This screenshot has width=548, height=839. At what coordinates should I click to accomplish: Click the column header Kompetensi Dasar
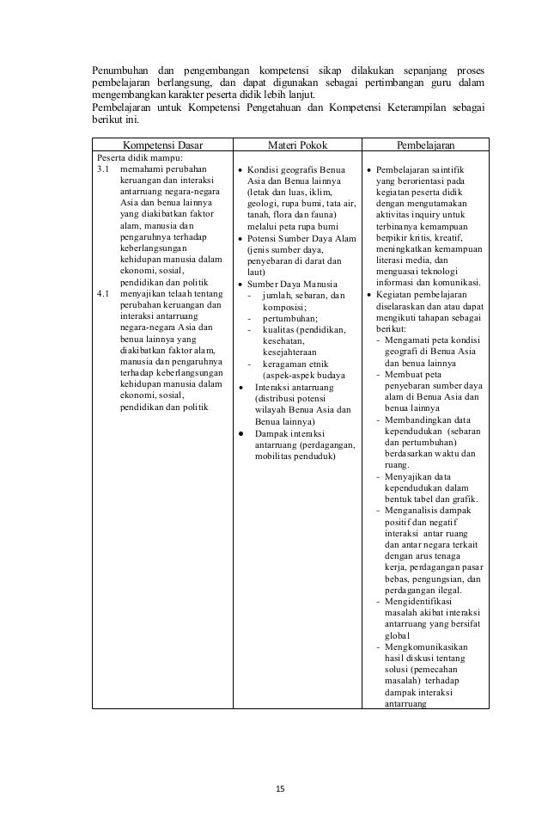pyautogui.click(x=163, y=145)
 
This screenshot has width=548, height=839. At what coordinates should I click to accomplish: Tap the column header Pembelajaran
pyautogui.click(x=425, y=145)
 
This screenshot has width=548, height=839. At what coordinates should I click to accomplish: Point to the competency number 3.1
pyautogui.click(x=104, y=170)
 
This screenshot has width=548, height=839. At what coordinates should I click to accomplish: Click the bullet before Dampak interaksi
pyautogui.click(x=241, y=433)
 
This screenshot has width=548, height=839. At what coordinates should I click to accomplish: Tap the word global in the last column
pyautogui.click(x=398, y=635)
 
